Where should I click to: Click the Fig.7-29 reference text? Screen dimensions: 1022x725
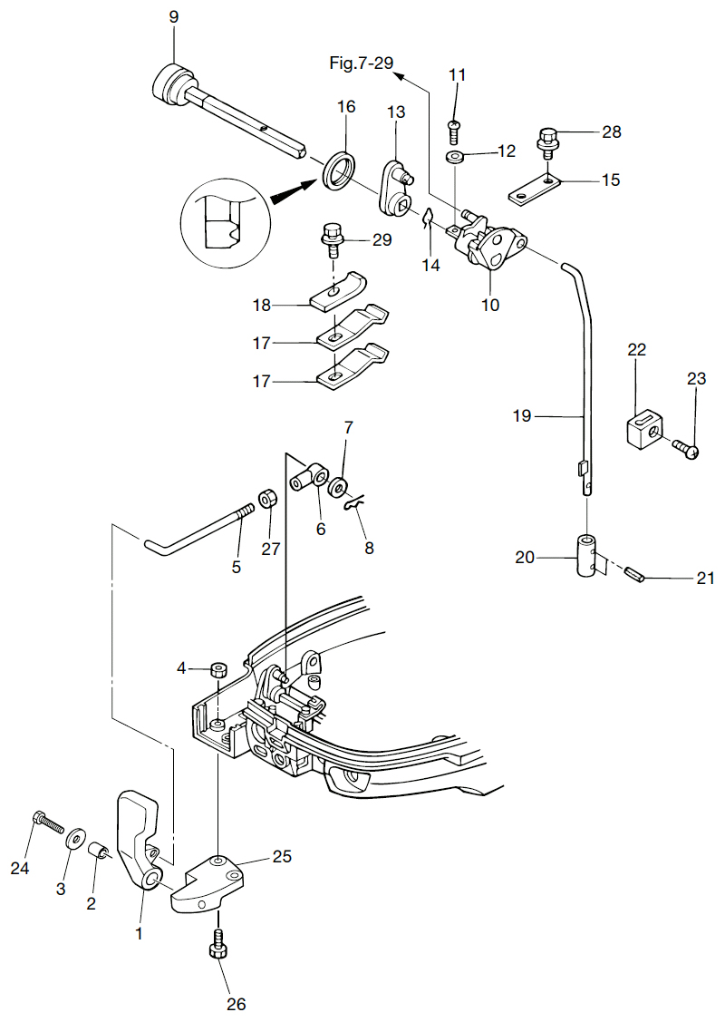point(361,63)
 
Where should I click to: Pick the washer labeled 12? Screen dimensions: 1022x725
point(456,158)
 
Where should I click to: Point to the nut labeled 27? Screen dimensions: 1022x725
point(268,499)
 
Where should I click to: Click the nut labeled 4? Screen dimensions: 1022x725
point(217,670)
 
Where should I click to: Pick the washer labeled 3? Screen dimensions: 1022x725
point(72,835)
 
